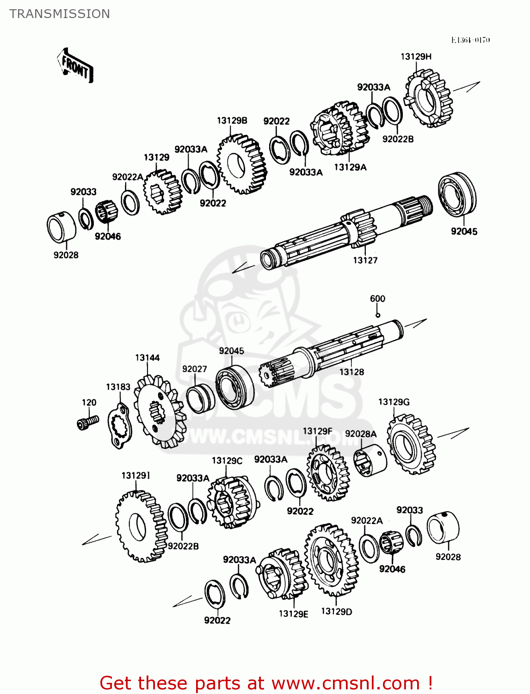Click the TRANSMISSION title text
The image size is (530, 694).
pyautogui.click(x=60, y=14)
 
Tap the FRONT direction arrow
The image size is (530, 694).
pyautogui.click(x=75, y=66)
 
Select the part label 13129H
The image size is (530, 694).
pyautogui.click(x=416, y=56)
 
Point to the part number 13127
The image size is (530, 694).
pyautogui.click(x=365, y=260)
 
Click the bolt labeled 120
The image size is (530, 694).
pyautogui.click(x=87, y=422)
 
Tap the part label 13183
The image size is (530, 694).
pyautogui.click(x=118, y=387)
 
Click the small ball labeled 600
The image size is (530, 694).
pyautogui.click(x=377, y=315)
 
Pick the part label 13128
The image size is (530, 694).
pyautogui.click(x=351, y=372)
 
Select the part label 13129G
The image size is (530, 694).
pyautogui.click(x=394, y=402)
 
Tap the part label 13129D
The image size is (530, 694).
pyautogui.click(x=336, y=612)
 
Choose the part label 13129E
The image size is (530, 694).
pyautogui.click(x=293, y=614)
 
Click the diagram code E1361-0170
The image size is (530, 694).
pyautogui.click(x=470, y=40)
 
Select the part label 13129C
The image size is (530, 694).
pyautogui.click(x=227, y=461)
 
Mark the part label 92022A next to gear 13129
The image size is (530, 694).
pyautogui.click(x=128, y=177)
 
